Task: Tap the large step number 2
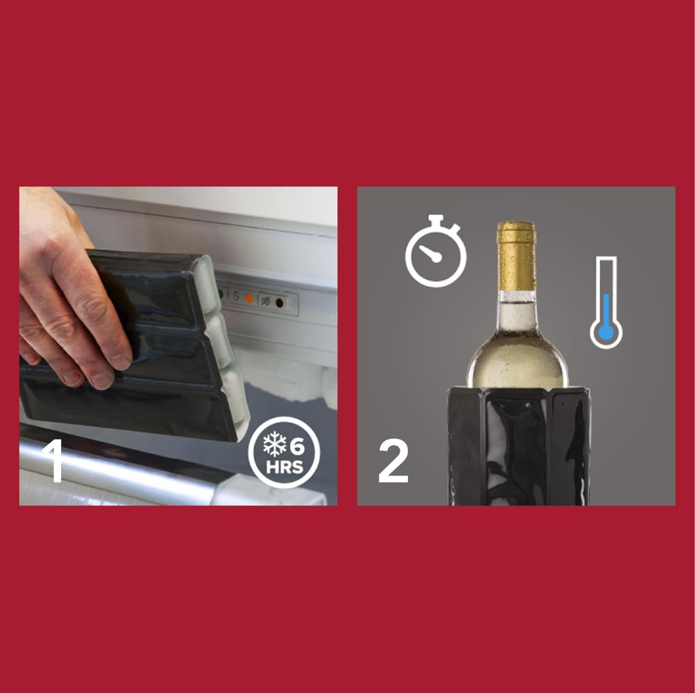(x=393, y=462)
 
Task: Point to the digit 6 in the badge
(x=297, y=447)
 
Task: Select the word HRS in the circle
(x=285, y=468)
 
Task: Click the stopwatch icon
(x=436, y=252)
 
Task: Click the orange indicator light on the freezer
(x=249, y=298)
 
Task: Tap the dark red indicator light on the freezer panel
(x=279, y=303)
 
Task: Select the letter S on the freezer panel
(x=236, y=296)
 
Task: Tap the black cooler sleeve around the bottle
(x=519, y=448)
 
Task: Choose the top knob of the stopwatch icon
(x=436, y=218)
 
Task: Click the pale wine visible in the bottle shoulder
(x=517, y=363)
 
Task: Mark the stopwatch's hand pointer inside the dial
(x=429, y=254)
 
